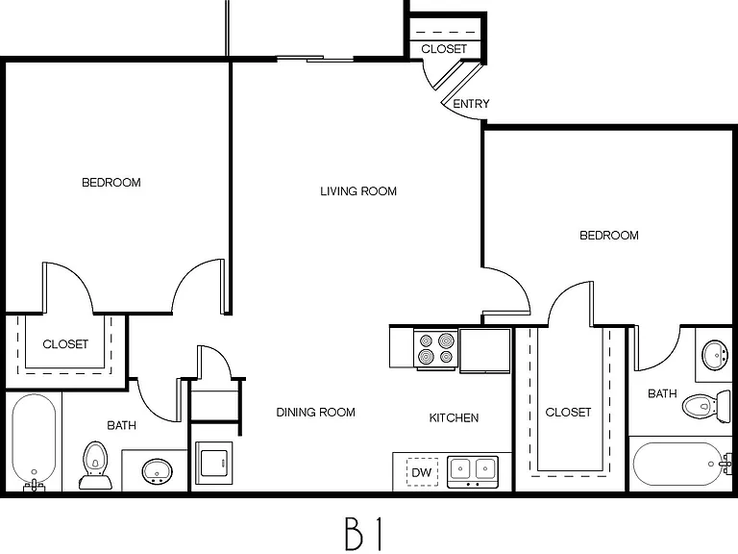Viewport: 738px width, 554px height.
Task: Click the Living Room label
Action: (358, 191)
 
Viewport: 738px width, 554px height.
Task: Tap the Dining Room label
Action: (315, 413)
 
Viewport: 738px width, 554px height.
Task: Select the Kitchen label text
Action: (454, 417)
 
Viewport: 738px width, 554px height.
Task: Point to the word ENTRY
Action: (471, 104)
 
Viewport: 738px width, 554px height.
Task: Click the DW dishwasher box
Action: (422, 472)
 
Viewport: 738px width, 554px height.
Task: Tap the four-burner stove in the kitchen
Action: (436, 348)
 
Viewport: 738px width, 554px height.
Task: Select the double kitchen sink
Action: (473, 471)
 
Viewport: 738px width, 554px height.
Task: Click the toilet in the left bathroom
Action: (95, 465)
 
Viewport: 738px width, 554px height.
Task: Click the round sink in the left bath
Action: (158, 471)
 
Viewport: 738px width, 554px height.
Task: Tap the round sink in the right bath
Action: (716, 354)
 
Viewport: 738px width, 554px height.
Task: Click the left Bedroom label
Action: (111, 183)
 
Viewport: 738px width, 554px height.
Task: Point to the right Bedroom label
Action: (609, 236)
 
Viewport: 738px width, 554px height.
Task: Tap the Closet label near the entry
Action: (444, 49)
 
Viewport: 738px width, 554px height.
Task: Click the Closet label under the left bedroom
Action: (65, 344)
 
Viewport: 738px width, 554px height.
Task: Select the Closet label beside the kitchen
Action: (568, 413)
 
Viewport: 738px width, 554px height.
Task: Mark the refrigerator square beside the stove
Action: (484, 350)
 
